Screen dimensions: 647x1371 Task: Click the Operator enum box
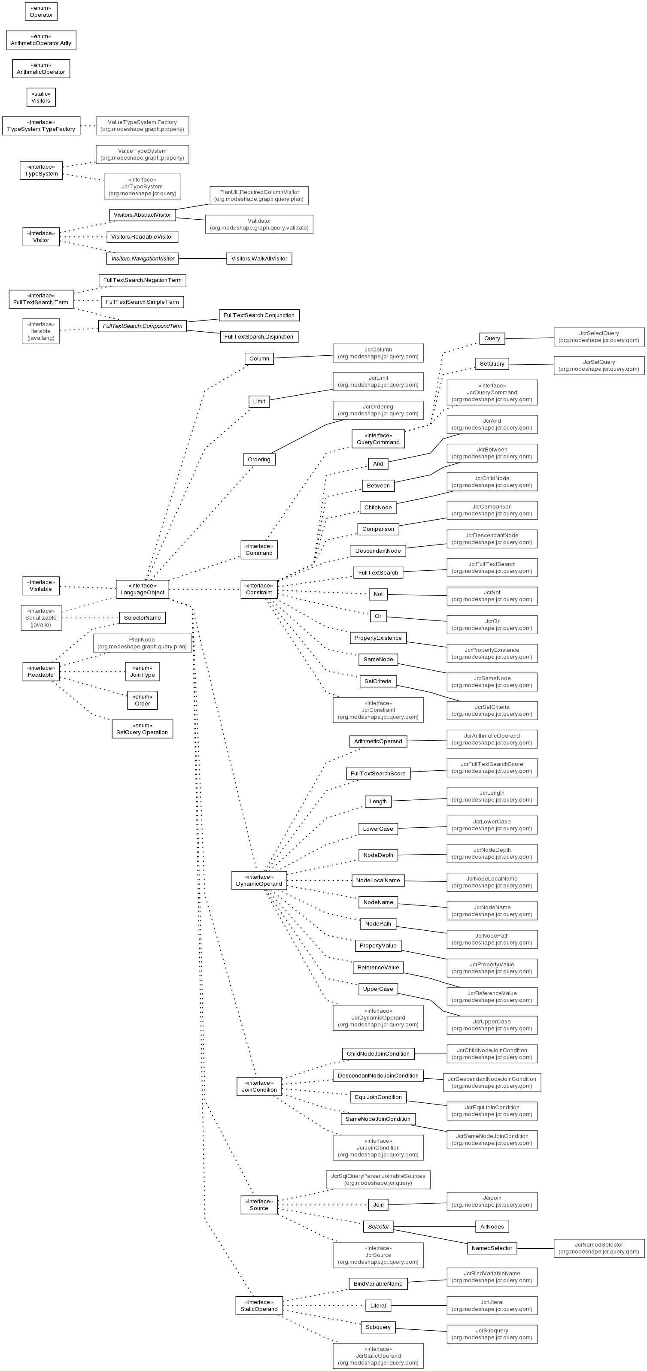tap(41, 11)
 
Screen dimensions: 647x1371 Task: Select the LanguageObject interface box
tap(142, 589)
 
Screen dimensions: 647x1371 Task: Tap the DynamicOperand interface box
tap(259, 880)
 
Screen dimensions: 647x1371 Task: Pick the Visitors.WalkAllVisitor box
tap(259, 259)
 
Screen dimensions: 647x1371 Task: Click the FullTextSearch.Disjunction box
tap(259, 337)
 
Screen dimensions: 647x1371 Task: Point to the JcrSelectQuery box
tap(599, 337)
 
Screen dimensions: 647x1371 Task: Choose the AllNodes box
tap(492, 1227)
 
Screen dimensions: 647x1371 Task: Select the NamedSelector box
tap(492, 1248)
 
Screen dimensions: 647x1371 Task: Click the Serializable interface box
tap(41, 618)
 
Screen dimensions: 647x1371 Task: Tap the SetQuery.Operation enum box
tap(142, 729)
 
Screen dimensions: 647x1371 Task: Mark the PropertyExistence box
tap(378, 638)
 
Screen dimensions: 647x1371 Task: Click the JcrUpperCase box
tap(492, 1025)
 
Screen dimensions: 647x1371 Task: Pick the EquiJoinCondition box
tap(378, 1097)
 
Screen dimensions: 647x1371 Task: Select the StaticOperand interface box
tap(259, 1305)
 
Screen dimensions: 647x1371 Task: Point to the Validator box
tap(259, 224)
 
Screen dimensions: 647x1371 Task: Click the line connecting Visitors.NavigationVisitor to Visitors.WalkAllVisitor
tap(202, 259)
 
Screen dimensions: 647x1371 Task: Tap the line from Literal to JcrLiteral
tap(419, 1305)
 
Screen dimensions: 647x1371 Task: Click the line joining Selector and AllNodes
tap(434, 1227)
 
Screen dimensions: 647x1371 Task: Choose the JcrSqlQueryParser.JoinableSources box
tap(378, 1179)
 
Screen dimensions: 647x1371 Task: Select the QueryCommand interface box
tap(378, 439)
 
